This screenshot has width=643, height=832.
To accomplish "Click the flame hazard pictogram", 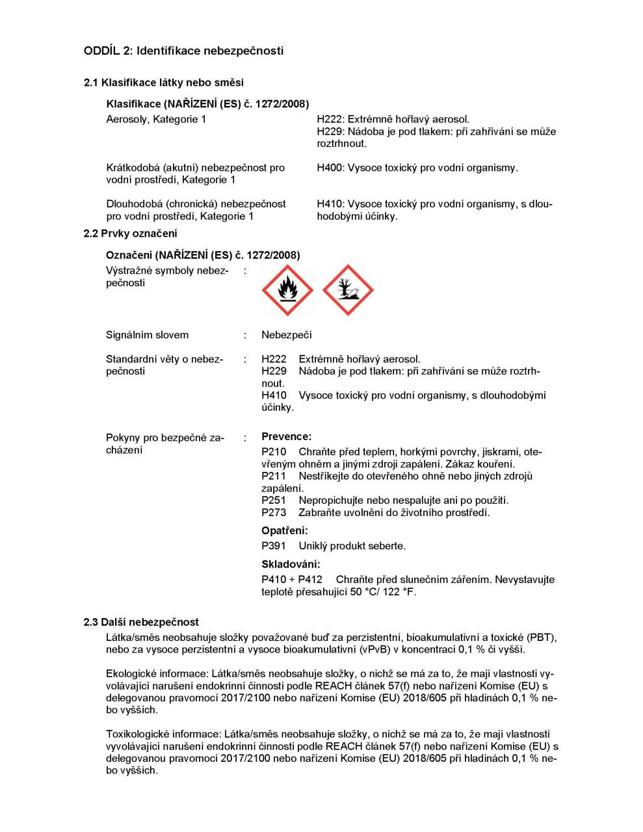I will [287, 291].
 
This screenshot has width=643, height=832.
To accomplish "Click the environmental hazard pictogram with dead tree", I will [348, 291].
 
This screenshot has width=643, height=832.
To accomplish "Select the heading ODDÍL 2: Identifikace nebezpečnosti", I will [183, 51].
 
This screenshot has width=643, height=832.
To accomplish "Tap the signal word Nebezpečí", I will [286, 335].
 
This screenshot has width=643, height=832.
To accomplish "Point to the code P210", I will [274, 452].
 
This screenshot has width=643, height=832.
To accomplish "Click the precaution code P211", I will [274, 476].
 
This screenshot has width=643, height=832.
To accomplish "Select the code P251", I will [274, 500].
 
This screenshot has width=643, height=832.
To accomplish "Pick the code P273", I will [274, 513].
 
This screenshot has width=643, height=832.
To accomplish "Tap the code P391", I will [274, 546].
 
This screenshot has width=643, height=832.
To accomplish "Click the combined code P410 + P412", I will [292, 580].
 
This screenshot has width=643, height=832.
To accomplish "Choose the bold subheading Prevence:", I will [286, 437].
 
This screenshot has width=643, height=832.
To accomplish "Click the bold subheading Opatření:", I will [285, 531].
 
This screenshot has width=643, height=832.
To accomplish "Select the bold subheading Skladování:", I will [291, 564].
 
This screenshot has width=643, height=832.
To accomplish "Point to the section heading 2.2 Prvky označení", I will [130, 234].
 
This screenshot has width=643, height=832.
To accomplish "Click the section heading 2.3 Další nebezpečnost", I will [141, 623].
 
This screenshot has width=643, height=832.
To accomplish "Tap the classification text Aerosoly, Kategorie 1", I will [156, 120].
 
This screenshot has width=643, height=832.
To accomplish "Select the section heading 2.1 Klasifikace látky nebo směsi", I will [164, 83].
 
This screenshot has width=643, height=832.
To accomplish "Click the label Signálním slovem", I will [147, 335].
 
